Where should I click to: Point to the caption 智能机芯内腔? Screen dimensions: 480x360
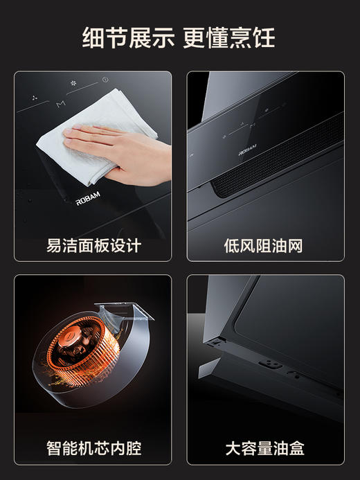tap(93, 448)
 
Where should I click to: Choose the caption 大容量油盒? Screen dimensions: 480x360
tap(264, 448)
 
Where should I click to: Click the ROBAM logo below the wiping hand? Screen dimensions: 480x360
tap(88, 202)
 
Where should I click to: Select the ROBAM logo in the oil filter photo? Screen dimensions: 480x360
tap(247, 148)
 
